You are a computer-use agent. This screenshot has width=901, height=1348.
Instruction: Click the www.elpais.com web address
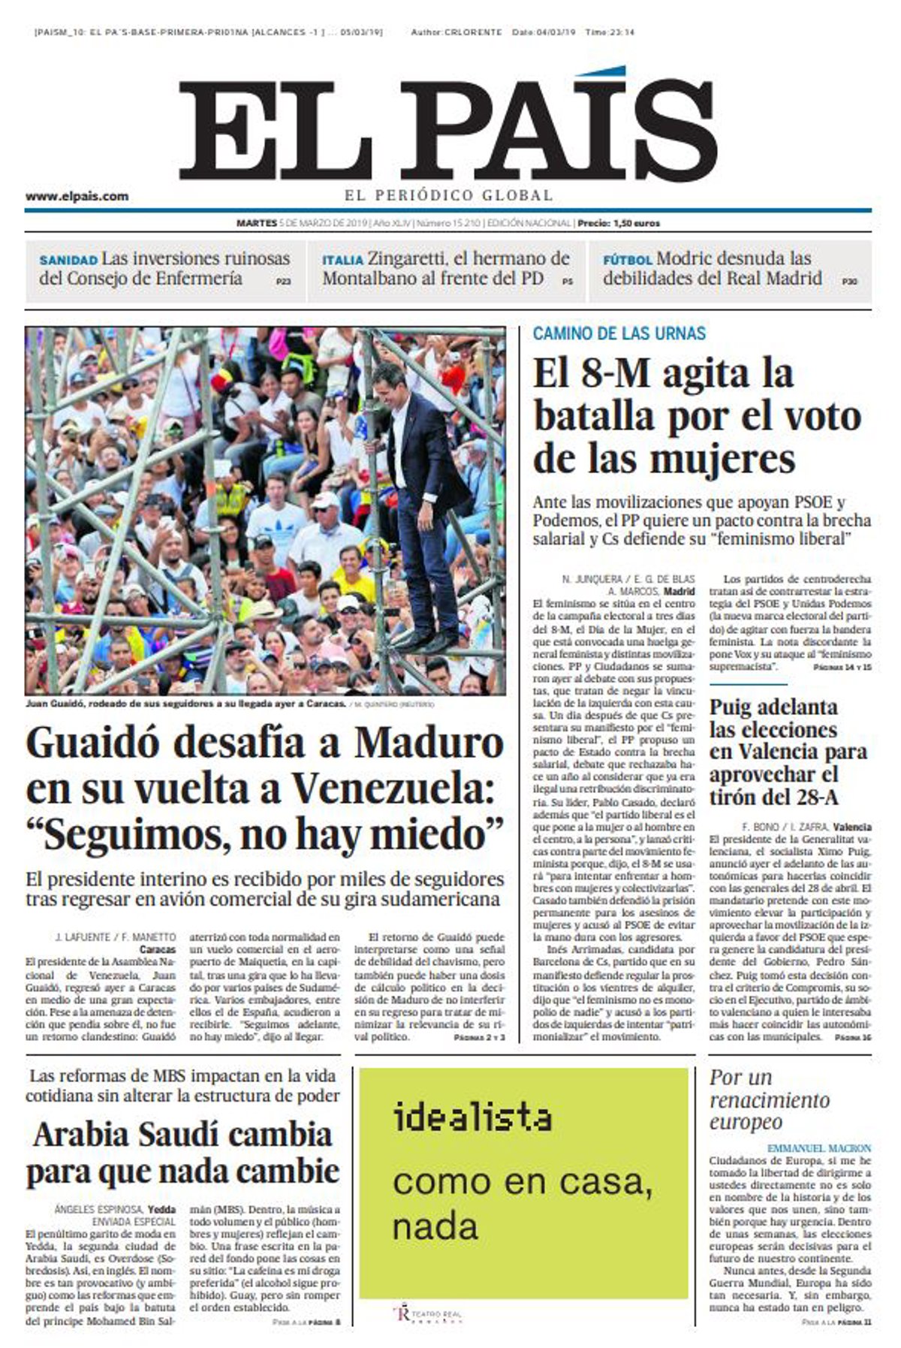click(77, 197)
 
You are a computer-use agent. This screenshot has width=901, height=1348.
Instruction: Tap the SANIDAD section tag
click(68, 261)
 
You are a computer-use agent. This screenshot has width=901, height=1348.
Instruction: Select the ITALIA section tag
click(342, 261)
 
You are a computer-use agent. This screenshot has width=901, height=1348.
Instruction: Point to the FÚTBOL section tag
click(627, 261)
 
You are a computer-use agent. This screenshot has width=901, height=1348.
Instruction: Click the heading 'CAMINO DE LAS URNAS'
click(619, 333)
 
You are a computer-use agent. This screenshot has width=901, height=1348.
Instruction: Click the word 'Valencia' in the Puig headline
click(802, 752)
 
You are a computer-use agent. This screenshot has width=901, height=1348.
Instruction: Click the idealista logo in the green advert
click(472, 1117)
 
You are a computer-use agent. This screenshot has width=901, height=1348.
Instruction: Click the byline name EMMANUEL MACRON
click(819, 1148)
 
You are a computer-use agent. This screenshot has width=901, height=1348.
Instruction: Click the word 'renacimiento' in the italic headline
click(770, 1101)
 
